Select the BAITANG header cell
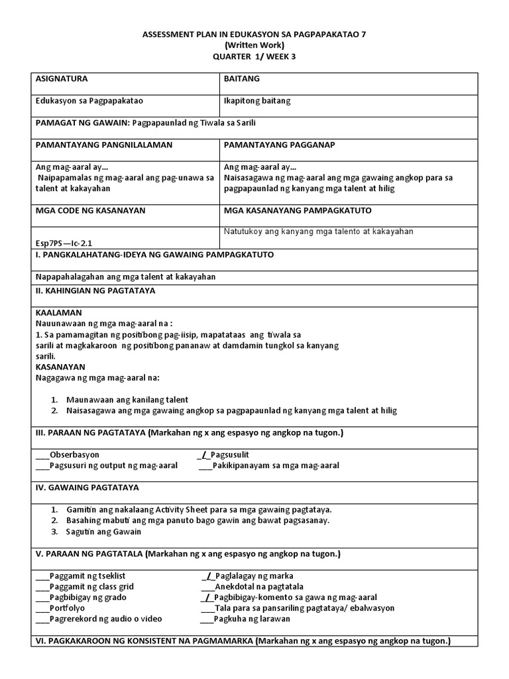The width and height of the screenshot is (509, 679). tap(242, 79)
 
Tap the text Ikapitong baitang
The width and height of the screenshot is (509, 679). tap(257, 101)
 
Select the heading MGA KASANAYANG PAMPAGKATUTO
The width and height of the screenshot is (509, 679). tap(298, 210)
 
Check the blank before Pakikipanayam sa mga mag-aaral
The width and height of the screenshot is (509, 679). tap(205, 465)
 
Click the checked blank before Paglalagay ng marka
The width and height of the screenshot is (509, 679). tap(207, 576)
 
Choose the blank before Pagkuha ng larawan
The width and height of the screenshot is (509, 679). tap(207, 619)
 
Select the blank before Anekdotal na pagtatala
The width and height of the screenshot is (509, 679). tap(207, 587)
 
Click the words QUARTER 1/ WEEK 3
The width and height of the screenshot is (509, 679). tap(254, 56)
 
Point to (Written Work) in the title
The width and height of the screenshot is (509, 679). tap(254, 45)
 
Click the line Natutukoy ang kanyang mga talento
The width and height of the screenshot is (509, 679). tap(319, 231)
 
